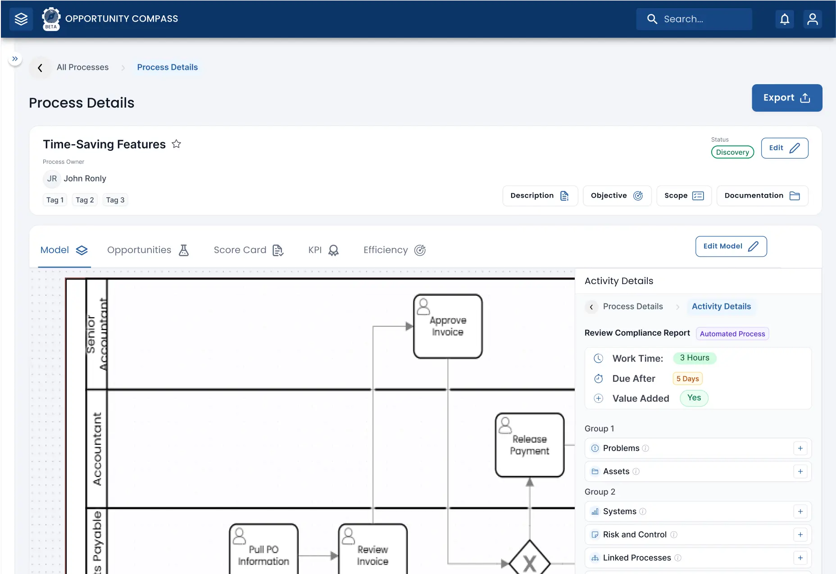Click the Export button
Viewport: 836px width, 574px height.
coord(787,98)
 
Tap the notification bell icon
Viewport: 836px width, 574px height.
coord(785,19)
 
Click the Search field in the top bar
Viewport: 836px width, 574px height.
coord(694,19)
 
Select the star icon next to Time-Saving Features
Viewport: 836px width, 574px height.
coord(176,144)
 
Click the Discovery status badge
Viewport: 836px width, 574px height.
coord(732,152)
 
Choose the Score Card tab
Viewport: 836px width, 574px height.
coord(249,250)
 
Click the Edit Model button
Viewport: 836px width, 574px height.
coord(731,246)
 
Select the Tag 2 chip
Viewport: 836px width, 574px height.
coord(85,200)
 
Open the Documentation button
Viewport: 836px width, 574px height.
coord(762,195)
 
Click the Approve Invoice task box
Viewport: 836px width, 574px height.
coord(448,326)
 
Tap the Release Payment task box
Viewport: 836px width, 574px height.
coord(530,445)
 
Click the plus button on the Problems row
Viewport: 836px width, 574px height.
coord(800,448)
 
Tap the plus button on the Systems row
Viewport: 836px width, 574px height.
coord(800,511)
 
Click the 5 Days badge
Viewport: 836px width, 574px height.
coord(687,379)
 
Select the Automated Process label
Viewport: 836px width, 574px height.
coord(732,334)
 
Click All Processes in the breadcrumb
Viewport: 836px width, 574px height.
coord(82,67)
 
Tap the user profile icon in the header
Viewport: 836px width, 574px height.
coord(813,19)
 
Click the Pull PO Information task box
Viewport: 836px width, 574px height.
coord(264,549)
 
